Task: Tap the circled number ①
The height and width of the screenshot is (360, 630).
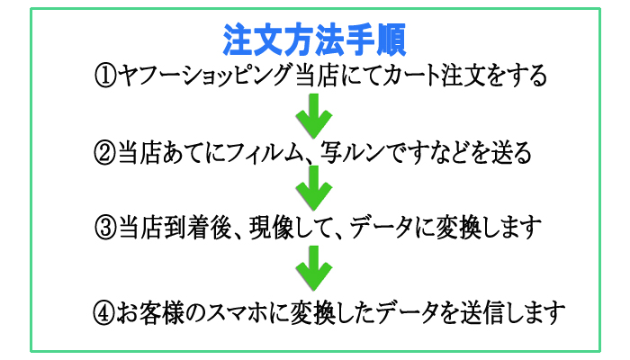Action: point(105,76)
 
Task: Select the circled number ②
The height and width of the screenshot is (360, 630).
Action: point(105,152)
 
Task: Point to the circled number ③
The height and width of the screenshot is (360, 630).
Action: point(105,226)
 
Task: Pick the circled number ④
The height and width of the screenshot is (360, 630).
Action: point(105,313)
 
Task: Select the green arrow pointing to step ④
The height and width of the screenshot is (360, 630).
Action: point(314,267)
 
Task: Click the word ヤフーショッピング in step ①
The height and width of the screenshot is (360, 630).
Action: point(204,76)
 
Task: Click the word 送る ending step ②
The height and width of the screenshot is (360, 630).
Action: point(509,152)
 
